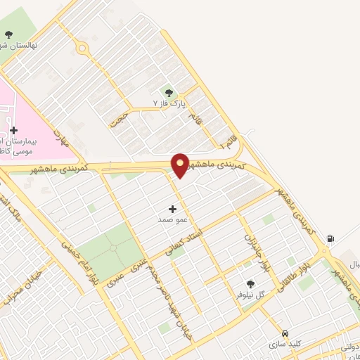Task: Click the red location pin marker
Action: click(180, 164)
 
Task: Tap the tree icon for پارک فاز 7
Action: click(168, 92)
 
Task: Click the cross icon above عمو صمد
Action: click(173, 209)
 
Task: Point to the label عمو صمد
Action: click(172, 220)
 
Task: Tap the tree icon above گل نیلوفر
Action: click(250, 284)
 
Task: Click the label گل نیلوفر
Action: click(251, 296)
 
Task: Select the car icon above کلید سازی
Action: click(285, 333)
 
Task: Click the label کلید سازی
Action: click(285, 345)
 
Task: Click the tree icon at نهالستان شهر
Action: click(8, 34)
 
